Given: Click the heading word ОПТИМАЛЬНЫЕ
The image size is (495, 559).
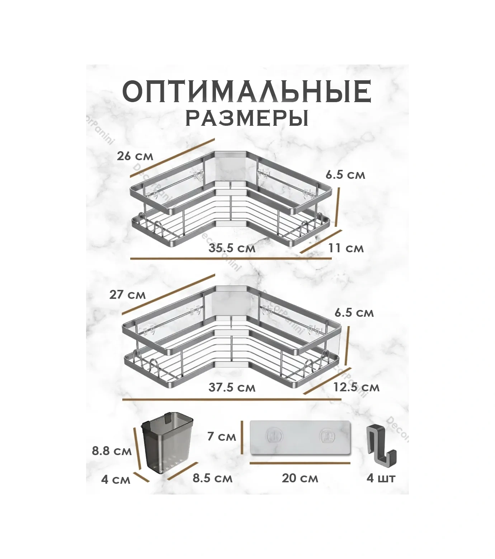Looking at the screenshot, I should (x=247, y=92).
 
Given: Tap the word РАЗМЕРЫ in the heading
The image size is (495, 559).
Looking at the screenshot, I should (x=247, y=119).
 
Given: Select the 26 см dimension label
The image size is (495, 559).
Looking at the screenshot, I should (x=135, y=156).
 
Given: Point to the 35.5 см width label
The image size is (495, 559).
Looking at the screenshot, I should (x=232, y=248).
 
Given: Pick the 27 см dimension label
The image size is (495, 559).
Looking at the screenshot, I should (x=128, y=295).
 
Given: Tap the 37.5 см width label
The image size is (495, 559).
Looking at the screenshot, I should (x=232, y=387).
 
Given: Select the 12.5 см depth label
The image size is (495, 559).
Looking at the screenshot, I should (x=356, y=387).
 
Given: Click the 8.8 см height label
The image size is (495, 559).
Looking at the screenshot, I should (x=112, y=451).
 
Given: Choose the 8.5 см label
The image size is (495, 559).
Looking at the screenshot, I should (x=212, y=478).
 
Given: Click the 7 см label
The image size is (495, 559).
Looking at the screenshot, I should (x=222, y=436).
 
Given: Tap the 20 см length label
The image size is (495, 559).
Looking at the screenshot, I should (x=300, y=478).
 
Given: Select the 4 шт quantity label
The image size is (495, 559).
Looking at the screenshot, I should (x=381, y=478).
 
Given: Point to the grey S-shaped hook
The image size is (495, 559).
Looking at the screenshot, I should (x=381, y=443).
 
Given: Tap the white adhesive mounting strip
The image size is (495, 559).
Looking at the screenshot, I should (x=300, y=438).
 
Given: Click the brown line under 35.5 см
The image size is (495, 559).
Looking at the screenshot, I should (x=231, y=258).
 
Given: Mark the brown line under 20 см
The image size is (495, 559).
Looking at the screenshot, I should (x=300, y=463).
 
